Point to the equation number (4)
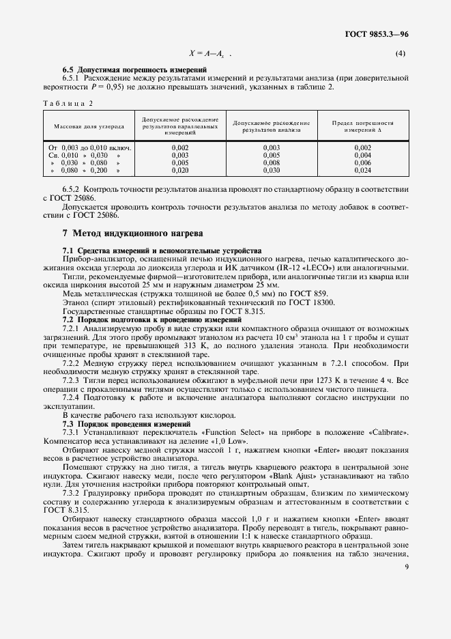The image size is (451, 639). click(x=401, y=53)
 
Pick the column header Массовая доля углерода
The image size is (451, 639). click(x=84, y=126)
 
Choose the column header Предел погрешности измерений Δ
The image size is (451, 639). click(x=362, y=126)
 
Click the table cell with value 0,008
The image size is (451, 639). click(x=272, y=163)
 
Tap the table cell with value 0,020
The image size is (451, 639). click(x=180, y=171)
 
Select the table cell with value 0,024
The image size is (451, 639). click(x=362, y=171)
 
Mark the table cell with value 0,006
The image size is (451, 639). click(x=362, y=163)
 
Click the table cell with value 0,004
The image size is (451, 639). click(x=362, y=156)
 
